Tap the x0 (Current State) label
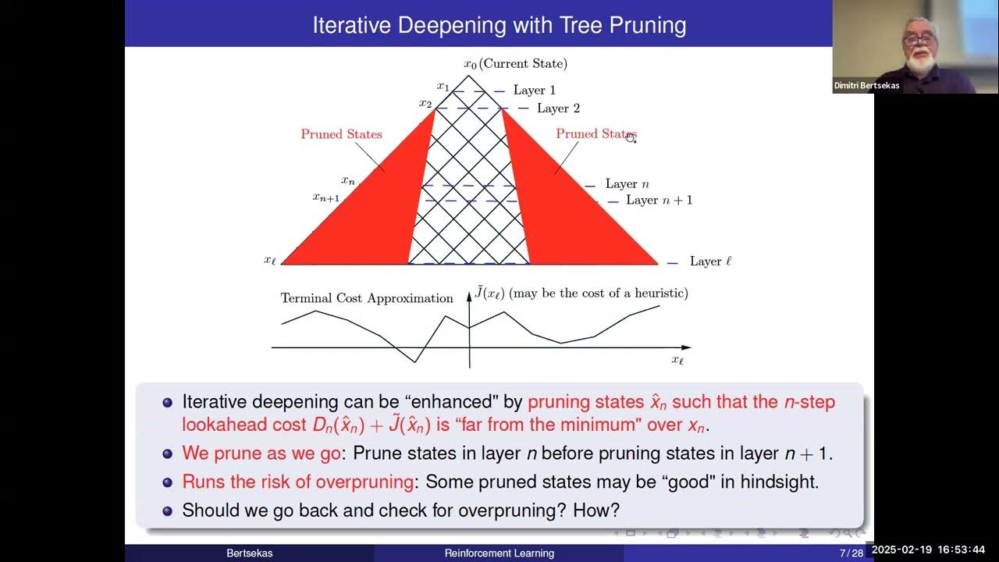[515, 64]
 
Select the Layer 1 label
[534, 91]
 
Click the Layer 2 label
[558, 108]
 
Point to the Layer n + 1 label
[659, 201]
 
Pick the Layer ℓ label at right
[710, 261]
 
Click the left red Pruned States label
[341, 134]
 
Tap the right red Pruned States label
[595, 134]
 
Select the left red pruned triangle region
[367, 219]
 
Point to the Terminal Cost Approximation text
[367, 298]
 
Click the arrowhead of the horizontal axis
[686, 347]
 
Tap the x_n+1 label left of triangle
[326, 198]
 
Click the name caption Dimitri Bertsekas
[866, 86]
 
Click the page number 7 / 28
[851, 553]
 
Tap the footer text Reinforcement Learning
[499, 553]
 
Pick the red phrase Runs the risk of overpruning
[297, 482]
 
